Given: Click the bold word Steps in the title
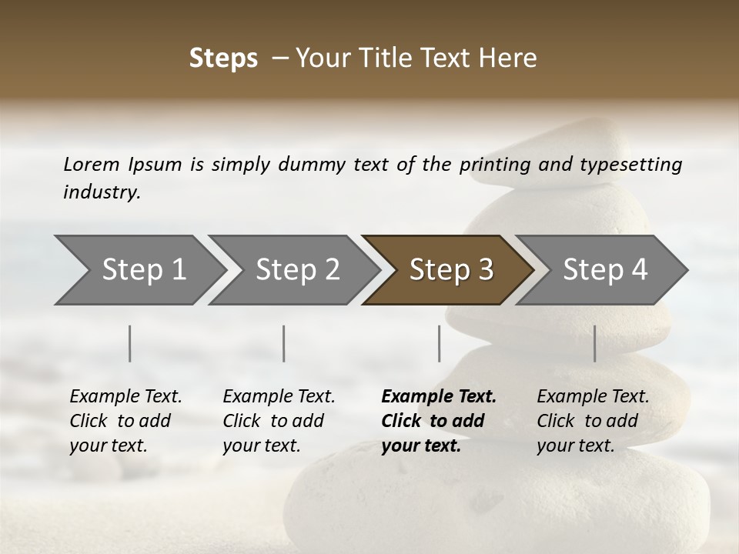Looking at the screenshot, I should [223, 58].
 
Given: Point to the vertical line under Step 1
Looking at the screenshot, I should [130, 343].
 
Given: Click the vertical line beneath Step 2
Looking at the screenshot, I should [284, 343].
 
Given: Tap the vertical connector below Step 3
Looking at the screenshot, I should [439, 343].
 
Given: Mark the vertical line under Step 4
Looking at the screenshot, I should [594, 343].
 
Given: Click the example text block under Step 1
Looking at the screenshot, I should [125, 421].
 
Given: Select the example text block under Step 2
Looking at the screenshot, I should [279, 421].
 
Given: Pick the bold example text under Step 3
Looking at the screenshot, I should [439, 421].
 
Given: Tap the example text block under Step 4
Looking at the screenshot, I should [593, 421].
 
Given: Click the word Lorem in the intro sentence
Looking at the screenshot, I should [92, 165].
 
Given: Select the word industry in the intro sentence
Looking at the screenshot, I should [102, 192].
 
